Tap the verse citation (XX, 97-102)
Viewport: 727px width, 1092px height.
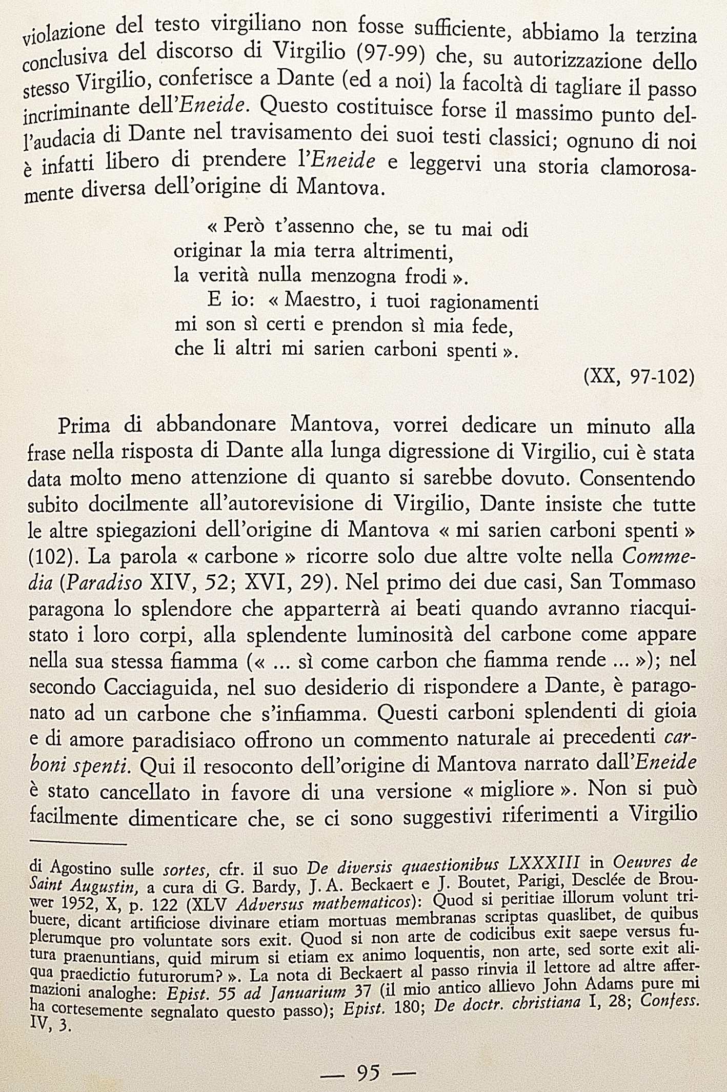(x=639, y=377)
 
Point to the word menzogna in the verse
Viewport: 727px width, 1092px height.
(x=353, y=277)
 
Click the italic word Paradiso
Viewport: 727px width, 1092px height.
(x=104, y=583)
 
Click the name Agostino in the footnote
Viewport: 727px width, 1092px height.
(x=80, y=868)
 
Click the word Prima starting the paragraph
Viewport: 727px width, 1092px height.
(x=84, y=426)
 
